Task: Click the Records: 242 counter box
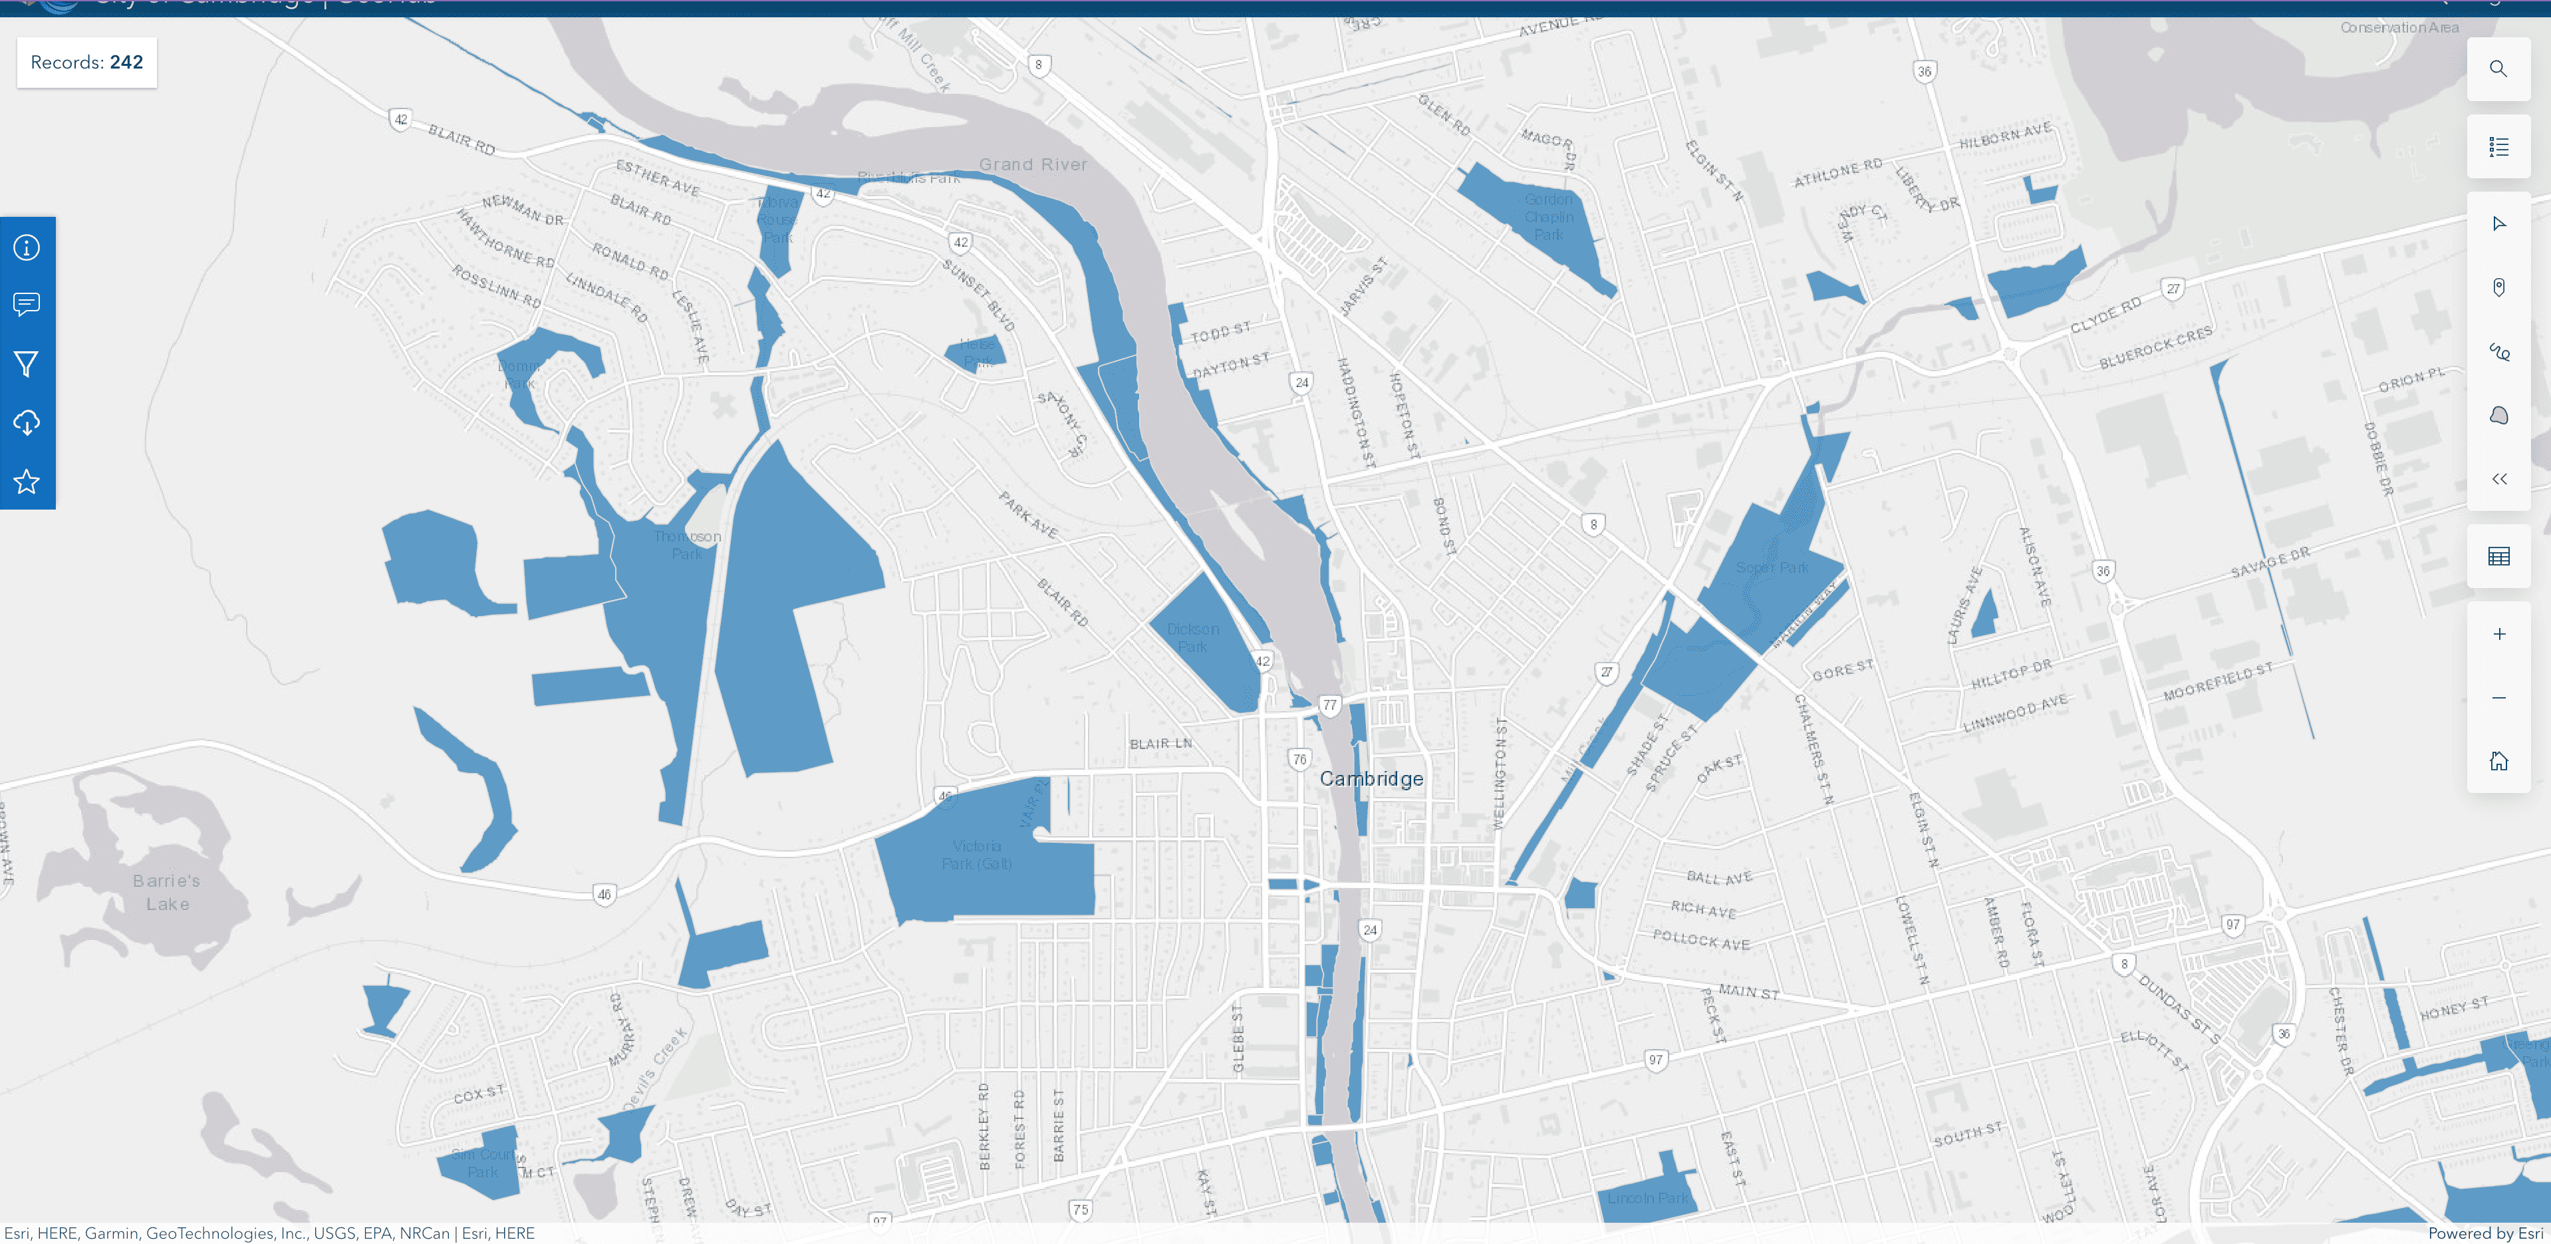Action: point(87,63)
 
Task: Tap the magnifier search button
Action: point(2498,69)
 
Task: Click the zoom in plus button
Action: point(2498,634)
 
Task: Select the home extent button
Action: point(2498,760)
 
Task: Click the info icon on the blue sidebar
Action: point(27,247)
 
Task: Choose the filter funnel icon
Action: point(27,365)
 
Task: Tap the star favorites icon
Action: point(27,482)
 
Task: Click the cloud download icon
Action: point(27,423)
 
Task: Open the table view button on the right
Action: point(2498,557)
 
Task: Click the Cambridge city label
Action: point(1371,780)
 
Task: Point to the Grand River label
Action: point(1033,164)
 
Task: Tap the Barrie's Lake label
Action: point(168,892)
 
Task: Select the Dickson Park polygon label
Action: point(1192,638)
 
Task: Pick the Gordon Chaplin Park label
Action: point(1548,217)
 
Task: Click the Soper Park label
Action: point(1772,567)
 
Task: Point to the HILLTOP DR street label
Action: point(2011,675)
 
